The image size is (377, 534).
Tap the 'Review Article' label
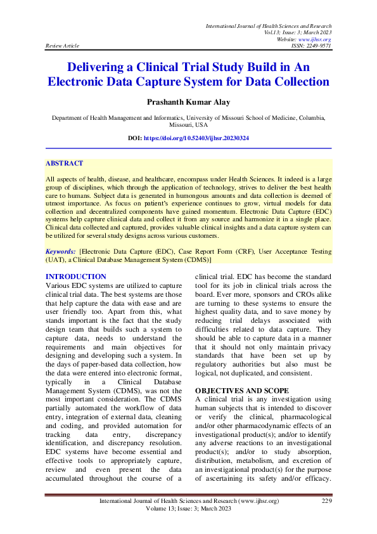point(62,46)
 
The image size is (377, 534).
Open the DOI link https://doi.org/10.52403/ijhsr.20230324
point(196,138)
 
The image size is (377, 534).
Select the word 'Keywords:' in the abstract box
point(61,252)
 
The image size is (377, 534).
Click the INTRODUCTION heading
point(76,277)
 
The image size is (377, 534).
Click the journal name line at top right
point(269,25)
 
